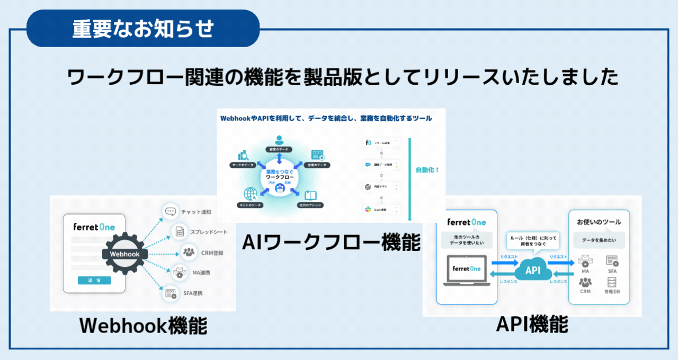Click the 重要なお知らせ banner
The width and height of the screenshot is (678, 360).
pyautogui.click(x=142, y=29)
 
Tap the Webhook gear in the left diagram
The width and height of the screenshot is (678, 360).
pyautogui.click(x=124, y=254)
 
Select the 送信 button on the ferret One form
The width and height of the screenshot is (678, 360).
pyautogui.click(x=94, y=280)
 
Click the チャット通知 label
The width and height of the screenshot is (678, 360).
pyautogui.click(x=196, y=212)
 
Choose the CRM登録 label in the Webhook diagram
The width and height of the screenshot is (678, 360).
pyautogui.click(x=212, y=253)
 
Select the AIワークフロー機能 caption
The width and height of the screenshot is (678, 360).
pyautogui.click(x=331, y=242)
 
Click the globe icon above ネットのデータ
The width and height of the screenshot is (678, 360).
pyautogui.click(x=249, y=194)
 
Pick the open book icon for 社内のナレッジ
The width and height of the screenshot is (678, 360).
pyautogui.click(x=310, y=194)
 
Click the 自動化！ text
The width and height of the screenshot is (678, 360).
pyautogui.click(x=427, y=170)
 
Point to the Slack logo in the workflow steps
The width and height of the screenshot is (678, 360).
pyautogui.click(x=368, y=210)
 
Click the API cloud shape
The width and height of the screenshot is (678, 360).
pyautogui.click(x=532, y=271)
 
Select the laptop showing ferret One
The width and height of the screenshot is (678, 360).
pyautogui.click(x=467, y=271)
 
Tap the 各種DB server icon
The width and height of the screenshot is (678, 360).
pyautogui.click(x=612, y=282)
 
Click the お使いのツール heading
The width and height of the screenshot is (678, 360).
pyautogui.click(x=599, y=222)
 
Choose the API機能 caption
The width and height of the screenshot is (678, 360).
pyautogui.click(x=532, y=324)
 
